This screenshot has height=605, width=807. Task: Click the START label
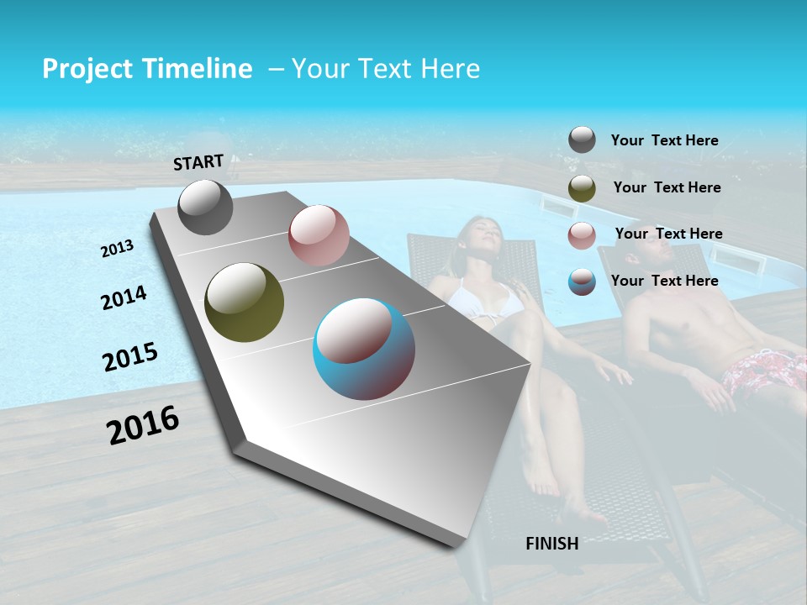point(198,162)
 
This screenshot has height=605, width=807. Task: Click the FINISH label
point(551,544)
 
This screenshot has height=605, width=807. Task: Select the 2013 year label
point(117,249)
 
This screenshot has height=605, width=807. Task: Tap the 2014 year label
point(124,297)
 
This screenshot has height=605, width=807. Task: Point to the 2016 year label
point(143,424)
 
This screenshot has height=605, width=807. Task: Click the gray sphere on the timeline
point(205,208)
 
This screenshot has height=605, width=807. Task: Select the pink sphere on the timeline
point(318,235)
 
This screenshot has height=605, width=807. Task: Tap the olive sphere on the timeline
point(244,302)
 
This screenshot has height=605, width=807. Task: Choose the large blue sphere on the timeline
point(364,349)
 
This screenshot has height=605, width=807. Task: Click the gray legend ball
point(582,140)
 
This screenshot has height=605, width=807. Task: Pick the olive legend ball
point(582,188)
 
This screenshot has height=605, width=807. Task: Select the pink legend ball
point(582,235)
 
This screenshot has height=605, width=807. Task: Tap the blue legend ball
point(582,281)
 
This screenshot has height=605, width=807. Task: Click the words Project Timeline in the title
point(147,69)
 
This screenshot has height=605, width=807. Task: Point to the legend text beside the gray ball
point(664,141)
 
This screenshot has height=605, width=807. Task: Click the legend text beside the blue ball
point(664,281)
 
